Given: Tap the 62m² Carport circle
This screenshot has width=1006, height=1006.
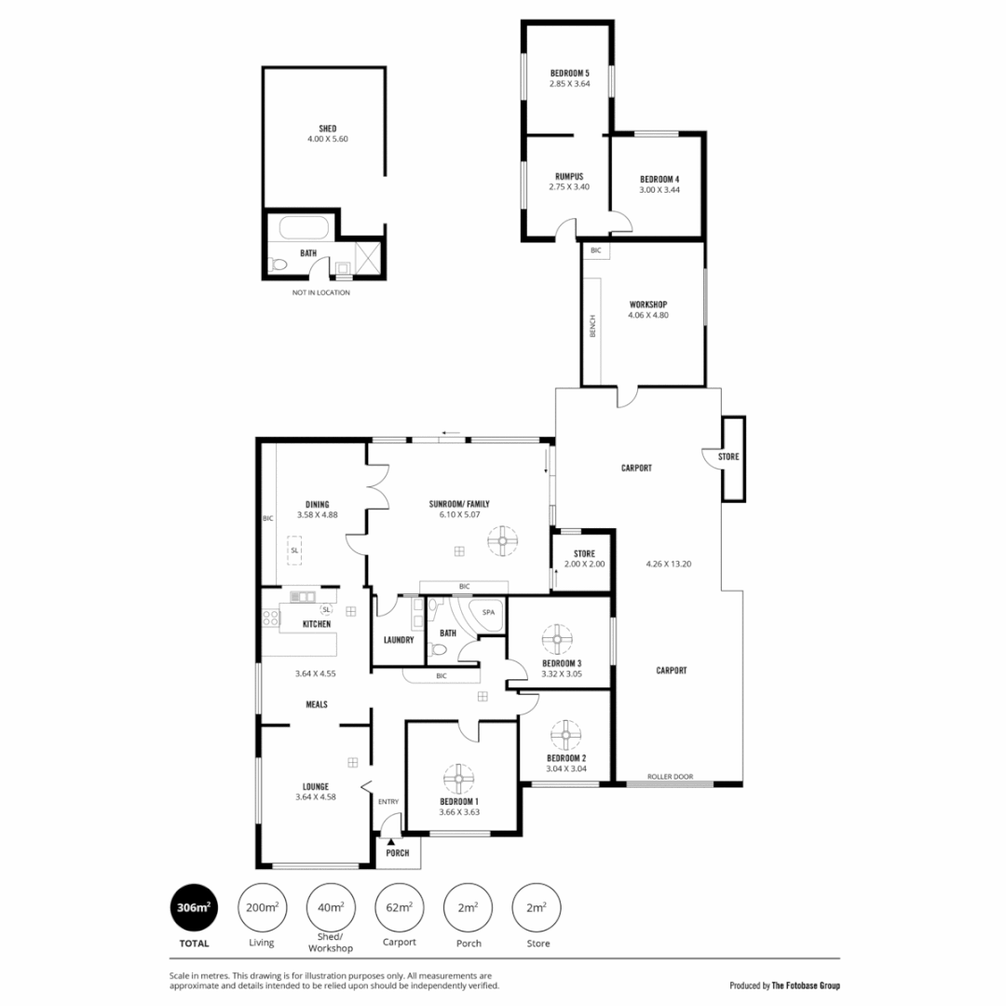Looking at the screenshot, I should click(x=400, y=907).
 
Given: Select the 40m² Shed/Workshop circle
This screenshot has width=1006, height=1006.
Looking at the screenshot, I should click(x=331, y=907).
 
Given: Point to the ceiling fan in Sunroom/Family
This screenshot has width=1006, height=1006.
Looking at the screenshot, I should click(x=504, y=539).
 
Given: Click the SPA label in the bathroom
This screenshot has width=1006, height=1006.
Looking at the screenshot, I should click(x=488, y=612).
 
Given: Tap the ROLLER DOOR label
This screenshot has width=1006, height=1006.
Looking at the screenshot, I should click(x=671, y=775).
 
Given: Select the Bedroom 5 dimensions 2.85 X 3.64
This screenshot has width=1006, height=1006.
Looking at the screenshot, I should click(x=569, y=84).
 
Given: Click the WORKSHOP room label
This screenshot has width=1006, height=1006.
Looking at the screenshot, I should click(x=648, y=304).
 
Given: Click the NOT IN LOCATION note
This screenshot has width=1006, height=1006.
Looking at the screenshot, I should click(x=320, y=292).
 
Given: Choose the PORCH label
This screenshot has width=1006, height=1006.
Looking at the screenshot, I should click(x=398, y=852).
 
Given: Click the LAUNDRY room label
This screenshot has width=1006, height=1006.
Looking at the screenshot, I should click(x=399, y=640).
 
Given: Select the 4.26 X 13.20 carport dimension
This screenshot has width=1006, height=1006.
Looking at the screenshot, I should click(x=669, y=563).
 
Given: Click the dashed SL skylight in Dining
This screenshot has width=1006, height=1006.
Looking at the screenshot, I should click(x=294, y=551).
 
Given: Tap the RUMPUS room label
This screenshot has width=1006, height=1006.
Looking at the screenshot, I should click(x=569, y=175).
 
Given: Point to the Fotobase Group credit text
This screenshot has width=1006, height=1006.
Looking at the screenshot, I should click(x=784, y=985).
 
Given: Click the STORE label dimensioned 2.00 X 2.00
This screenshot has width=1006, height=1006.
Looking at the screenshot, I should click(x=584, y=553).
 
